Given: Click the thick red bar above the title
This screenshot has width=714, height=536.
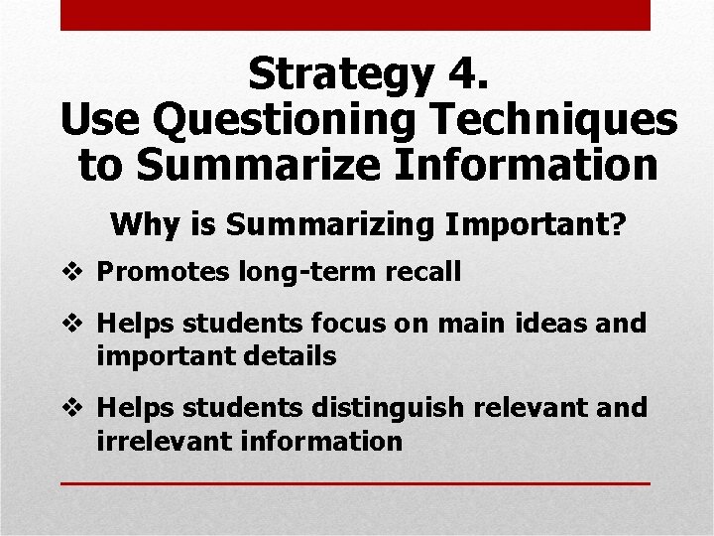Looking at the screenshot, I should point(355,15).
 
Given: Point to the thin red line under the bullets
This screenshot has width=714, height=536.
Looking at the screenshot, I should point(355,483).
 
